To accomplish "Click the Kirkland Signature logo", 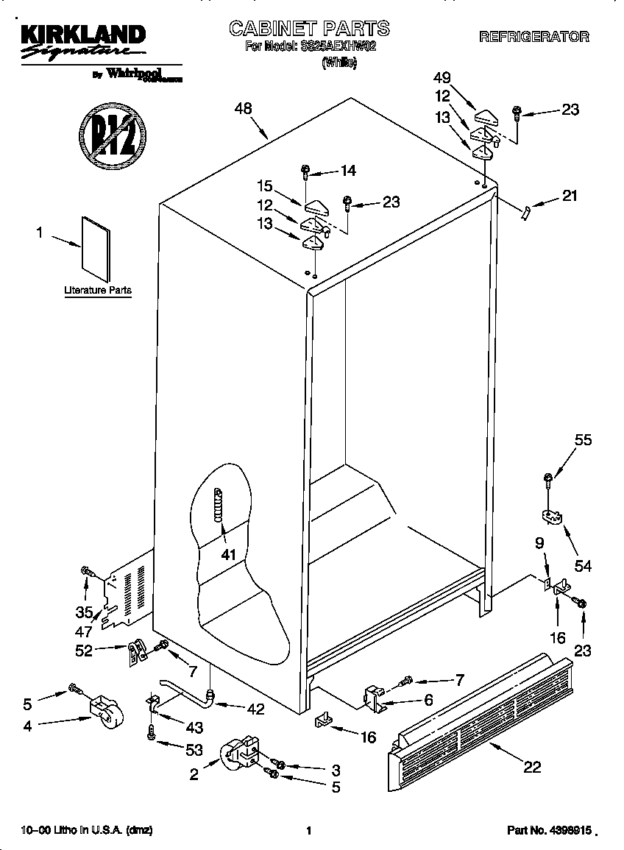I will click(81, 43).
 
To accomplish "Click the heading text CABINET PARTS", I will click(309, 29).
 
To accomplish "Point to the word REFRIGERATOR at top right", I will click(534, 37).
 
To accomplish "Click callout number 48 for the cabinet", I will click(243, 108).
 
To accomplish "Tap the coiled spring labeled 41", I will click(218, 506).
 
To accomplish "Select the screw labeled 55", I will click(548, 480).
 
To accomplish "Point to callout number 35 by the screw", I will click(85, 612).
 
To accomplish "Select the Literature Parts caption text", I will click(97, 291).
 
